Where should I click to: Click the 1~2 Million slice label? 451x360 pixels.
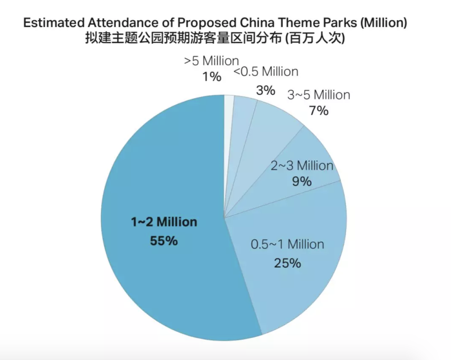pos(164,222)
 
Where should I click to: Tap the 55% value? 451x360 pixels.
pos(164,241)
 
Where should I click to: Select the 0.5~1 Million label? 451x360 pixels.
pos(287,245)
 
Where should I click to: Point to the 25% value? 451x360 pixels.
pos(287,263)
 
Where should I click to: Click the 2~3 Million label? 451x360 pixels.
pos(302,166)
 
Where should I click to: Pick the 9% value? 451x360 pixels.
pos(302,181)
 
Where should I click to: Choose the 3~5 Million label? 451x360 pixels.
pos(318,95)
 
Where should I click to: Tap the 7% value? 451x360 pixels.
pos(318,111)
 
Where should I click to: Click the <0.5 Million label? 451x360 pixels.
pos(266,72)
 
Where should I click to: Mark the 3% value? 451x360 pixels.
pos(265,90)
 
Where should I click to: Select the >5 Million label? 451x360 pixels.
pos(211,61)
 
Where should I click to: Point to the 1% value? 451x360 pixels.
pos(212,77)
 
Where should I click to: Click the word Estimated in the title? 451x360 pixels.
pos(54,23)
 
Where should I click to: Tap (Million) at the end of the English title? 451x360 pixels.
pos(384,23)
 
